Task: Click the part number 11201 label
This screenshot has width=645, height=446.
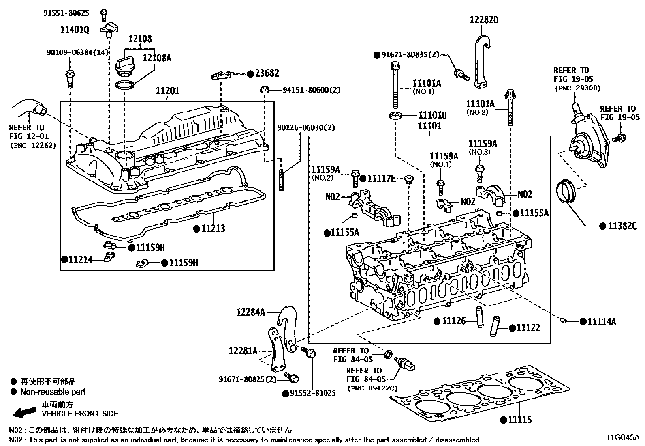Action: pos(167,91)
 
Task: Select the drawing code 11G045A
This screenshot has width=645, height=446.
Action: pos(622,437)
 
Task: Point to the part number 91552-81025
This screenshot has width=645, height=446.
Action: pos(313,393)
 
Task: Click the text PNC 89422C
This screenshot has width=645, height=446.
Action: pos(372,388)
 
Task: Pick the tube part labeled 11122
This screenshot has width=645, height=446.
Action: pos(495,326)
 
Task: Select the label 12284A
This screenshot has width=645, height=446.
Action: pos(250,312)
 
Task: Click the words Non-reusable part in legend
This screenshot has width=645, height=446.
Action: pos(53,392)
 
